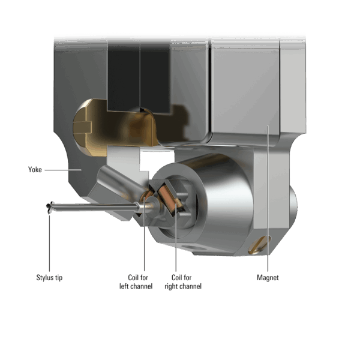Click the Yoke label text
pyautogui.click(x=35, y=170)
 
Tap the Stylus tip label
pyautogui.click(x=49, y=278)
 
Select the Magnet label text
pyautogui.click(x=268, y=278)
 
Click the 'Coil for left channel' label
pyautogui.click(x=136, y=282)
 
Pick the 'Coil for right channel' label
pyautogui.click(x=183, y=282)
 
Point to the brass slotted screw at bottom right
pyautogui.click(x=260, y=245)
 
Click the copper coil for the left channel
pyautogui.click(x=147, y=196)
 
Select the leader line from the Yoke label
pyautogui.click(x=63, y=170)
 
